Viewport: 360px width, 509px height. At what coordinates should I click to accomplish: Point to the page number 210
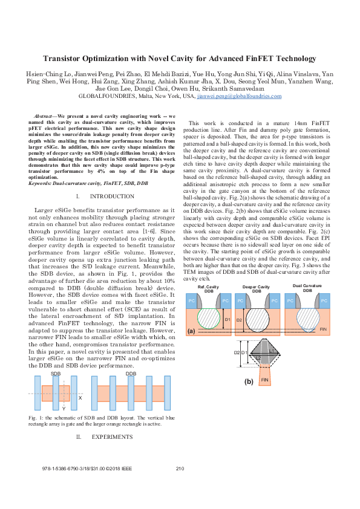point(179,469)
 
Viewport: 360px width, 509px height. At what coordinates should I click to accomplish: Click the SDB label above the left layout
point(56,374)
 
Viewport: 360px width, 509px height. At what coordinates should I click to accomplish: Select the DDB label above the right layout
point(130,374)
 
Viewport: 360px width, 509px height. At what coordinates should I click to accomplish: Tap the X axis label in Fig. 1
point(80,398)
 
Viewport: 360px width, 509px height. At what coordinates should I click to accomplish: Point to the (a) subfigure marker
point(191,331)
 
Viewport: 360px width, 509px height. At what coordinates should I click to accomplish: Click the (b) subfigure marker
point(248,381)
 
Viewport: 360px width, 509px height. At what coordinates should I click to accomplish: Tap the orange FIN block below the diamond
point(265,380)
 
